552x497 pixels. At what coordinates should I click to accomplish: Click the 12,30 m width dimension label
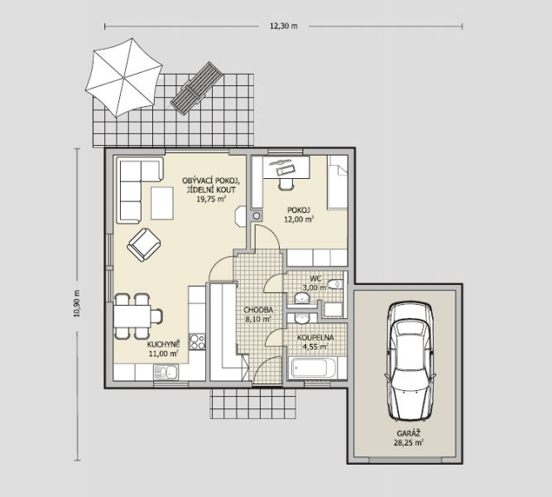pyautogui.click(x=284, y=26)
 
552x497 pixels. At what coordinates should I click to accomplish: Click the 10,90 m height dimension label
pyautogui.click(x=77, y=303)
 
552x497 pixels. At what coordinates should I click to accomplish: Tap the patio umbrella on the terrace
pyautogui.click(x=123, y=77)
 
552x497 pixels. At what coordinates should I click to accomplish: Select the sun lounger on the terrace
pyautogui.click(x=196, y=88)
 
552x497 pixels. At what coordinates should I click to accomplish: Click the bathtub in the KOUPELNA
pyautogui.click(x=310, y=369)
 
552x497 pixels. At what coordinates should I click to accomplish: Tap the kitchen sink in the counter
pyautogui.click(x=166, y=372)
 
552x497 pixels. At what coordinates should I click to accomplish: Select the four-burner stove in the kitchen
pyautogui.click(x=197, y=341)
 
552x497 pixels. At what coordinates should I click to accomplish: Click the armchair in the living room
pyautogui.click(x=144, y=244)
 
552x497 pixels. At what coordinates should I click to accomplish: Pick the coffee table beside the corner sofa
pyautogui.click(x=162, y=204)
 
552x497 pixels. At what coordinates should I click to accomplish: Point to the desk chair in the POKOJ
pyautogui.click(x=286, y=184)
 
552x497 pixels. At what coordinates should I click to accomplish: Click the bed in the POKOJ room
pyautogui.click(x=338, y=182)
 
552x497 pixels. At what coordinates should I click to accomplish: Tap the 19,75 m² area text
pyautogui.click(x=211, y=199)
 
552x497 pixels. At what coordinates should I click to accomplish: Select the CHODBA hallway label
pyautogui.click(x=258, y=310)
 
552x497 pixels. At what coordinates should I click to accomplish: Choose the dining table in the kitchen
pyautogui.click(x=132, y=316)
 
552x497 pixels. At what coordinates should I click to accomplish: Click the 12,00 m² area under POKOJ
pyautogui.click(x=299, y=220)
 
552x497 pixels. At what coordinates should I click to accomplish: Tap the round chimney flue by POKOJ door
pyautogui.click(x=257, y=215)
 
